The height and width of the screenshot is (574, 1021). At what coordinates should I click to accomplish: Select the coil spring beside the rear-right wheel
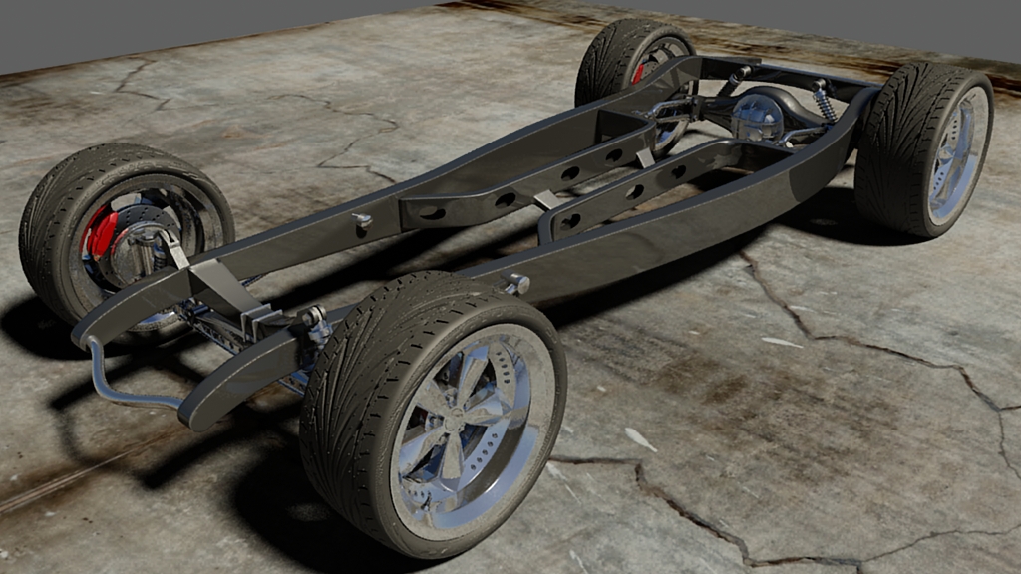pyautogui.click(x=825, y=101)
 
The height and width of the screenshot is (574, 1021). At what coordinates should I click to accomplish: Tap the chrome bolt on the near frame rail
pyautogui.click(x=518, y=285)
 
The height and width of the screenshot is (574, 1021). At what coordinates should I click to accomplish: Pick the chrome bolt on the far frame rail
pyautogui.click(x=362, y=220)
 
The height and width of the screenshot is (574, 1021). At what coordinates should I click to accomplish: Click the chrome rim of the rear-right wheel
pyautogui.click(x=957, y=154)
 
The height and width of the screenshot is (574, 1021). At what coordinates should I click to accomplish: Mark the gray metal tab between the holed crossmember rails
pyautogui.click(x=546, y=200)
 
